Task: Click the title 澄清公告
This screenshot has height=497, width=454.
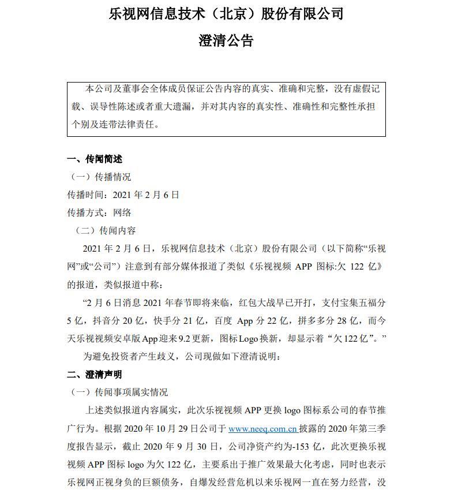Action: [226, 40]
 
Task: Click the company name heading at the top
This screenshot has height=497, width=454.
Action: [226, 14]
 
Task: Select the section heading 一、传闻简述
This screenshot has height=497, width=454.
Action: [95, 159]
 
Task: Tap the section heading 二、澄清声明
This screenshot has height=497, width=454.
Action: [95, 375]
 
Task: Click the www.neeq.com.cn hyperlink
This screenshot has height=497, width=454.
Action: [262, 429]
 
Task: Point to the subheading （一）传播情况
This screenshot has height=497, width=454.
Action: [100, 177]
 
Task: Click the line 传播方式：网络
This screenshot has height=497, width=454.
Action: [99, 213]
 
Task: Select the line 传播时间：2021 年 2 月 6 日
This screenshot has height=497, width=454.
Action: [123, 195]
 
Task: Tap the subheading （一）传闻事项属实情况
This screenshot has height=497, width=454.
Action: [119, 393]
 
